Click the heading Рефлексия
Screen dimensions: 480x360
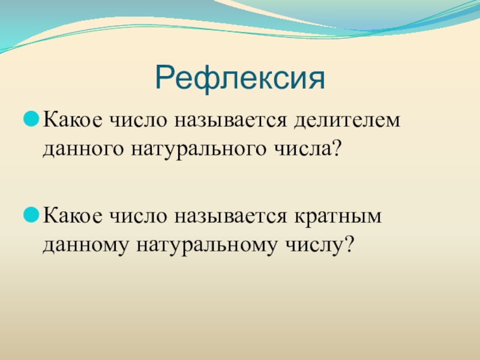[240, 78]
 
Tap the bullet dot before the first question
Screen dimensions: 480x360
[31, 119]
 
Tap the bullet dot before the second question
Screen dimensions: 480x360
[31, 215]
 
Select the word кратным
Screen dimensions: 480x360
[338, 216]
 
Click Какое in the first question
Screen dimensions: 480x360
[73, 119]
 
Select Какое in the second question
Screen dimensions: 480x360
[73, 215]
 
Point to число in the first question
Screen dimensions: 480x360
[139, 120]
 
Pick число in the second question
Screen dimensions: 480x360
[139, 216]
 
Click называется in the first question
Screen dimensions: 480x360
[231, 120]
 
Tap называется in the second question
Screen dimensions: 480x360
[231, 216]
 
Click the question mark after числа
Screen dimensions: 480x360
[336, 148]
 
